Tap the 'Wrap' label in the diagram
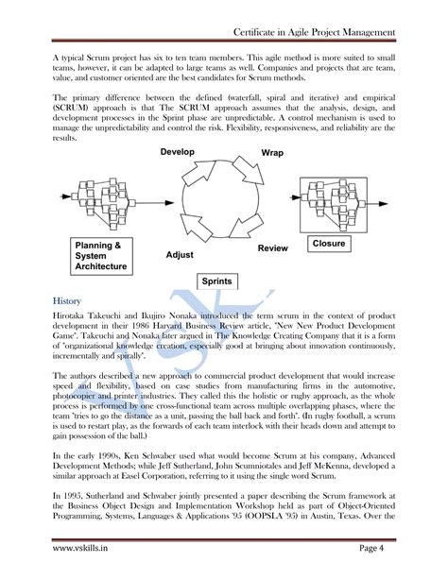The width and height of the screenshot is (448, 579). [x=272, y=152]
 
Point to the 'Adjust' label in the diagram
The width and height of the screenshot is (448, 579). [x=181, y=254]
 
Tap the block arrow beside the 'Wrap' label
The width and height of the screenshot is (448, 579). [x=253, y=170]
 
